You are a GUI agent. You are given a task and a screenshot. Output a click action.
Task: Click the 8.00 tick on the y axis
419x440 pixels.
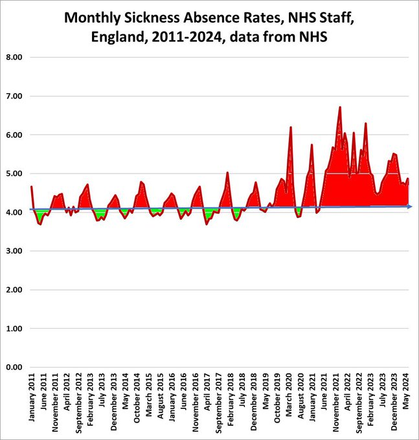(x=14, y=57)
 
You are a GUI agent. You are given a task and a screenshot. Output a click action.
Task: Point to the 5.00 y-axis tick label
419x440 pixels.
(x=14, y=173)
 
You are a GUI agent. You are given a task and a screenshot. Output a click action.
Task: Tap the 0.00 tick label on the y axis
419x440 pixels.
(x=14, y=368)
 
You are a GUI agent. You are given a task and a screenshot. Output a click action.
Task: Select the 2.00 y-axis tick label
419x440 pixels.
(x=14, y=290)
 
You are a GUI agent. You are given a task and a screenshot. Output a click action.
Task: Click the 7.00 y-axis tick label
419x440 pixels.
(x=14, y=96)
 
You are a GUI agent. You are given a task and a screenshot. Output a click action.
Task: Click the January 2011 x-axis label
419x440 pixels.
(x=32, y=401)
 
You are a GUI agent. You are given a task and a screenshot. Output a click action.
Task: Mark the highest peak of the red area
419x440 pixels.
(x=340, y=107)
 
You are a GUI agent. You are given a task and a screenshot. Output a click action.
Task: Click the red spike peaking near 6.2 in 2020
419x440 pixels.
(x=291, y=127)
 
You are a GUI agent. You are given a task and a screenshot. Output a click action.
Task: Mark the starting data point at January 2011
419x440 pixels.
(x=31, y=186)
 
